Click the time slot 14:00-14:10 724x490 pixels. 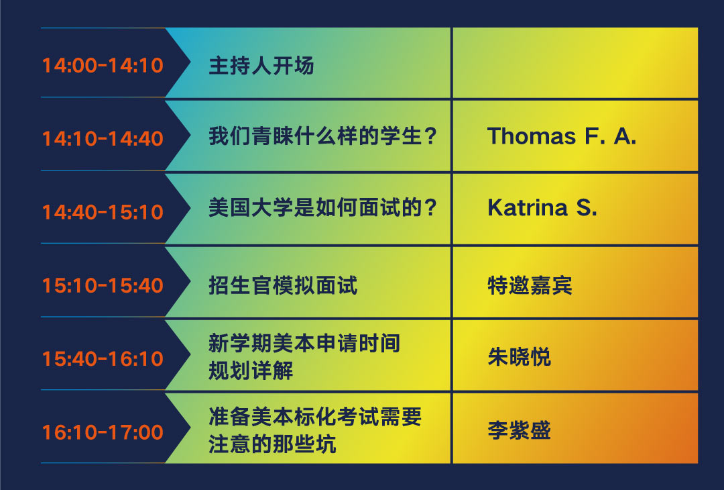103,65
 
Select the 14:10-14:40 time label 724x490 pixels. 103,139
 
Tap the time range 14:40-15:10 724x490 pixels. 103,212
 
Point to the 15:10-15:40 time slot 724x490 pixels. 103,286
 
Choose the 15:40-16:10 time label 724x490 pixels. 103,358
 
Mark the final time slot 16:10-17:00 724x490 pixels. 103,432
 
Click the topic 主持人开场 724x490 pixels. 261,65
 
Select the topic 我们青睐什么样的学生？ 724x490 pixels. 322,136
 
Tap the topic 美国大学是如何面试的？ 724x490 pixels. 322,207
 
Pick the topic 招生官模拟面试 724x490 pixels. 283,285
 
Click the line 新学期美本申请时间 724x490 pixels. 304,343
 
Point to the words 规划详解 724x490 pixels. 251,371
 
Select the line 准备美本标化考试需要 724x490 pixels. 315,416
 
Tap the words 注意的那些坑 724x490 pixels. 272,444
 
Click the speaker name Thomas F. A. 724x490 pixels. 562,136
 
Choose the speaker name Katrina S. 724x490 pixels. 542,208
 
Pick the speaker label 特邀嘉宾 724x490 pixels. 530,285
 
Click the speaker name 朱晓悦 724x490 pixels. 520,357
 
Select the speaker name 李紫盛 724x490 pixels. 520,430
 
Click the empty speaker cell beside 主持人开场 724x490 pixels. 575,63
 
